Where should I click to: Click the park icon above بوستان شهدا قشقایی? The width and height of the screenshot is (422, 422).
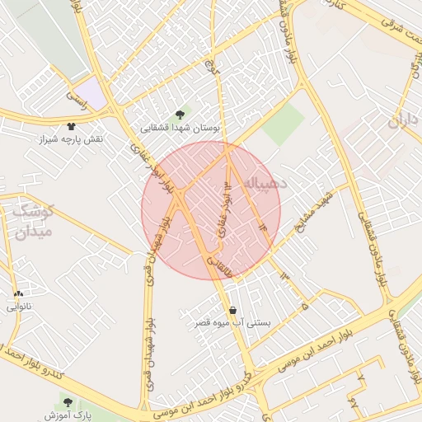181,115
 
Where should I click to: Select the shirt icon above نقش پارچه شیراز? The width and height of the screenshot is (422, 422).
71,126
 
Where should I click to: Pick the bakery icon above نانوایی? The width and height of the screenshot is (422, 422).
18,293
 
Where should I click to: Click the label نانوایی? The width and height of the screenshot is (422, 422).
18,307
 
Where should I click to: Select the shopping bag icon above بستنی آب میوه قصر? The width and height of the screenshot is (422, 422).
234,311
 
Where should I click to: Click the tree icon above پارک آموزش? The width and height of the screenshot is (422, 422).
68,402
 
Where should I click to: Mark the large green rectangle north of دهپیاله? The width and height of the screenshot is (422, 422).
284,124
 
